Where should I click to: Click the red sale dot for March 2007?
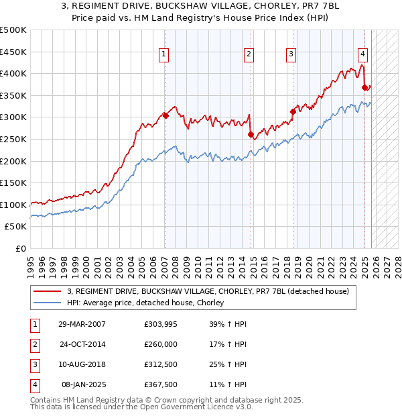tap(165, 115)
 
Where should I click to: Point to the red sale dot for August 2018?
tap(293, 111)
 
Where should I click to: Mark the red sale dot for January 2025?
tap(364, 87)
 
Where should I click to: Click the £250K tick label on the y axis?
tap(13, 139)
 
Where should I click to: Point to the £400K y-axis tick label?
tap(13, 73)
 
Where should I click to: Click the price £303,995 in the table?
tap(161, 324)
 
